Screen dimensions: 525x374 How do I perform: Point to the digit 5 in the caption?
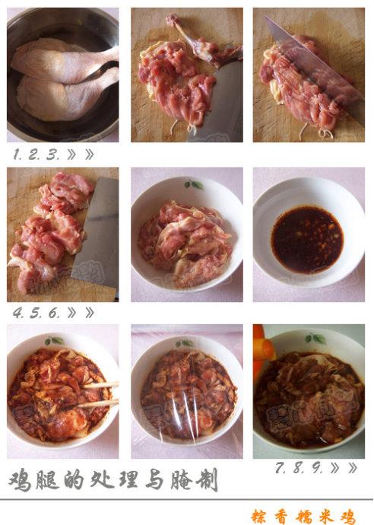tap(35, 313)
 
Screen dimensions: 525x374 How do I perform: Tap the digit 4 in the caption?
tap(17, 313)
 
